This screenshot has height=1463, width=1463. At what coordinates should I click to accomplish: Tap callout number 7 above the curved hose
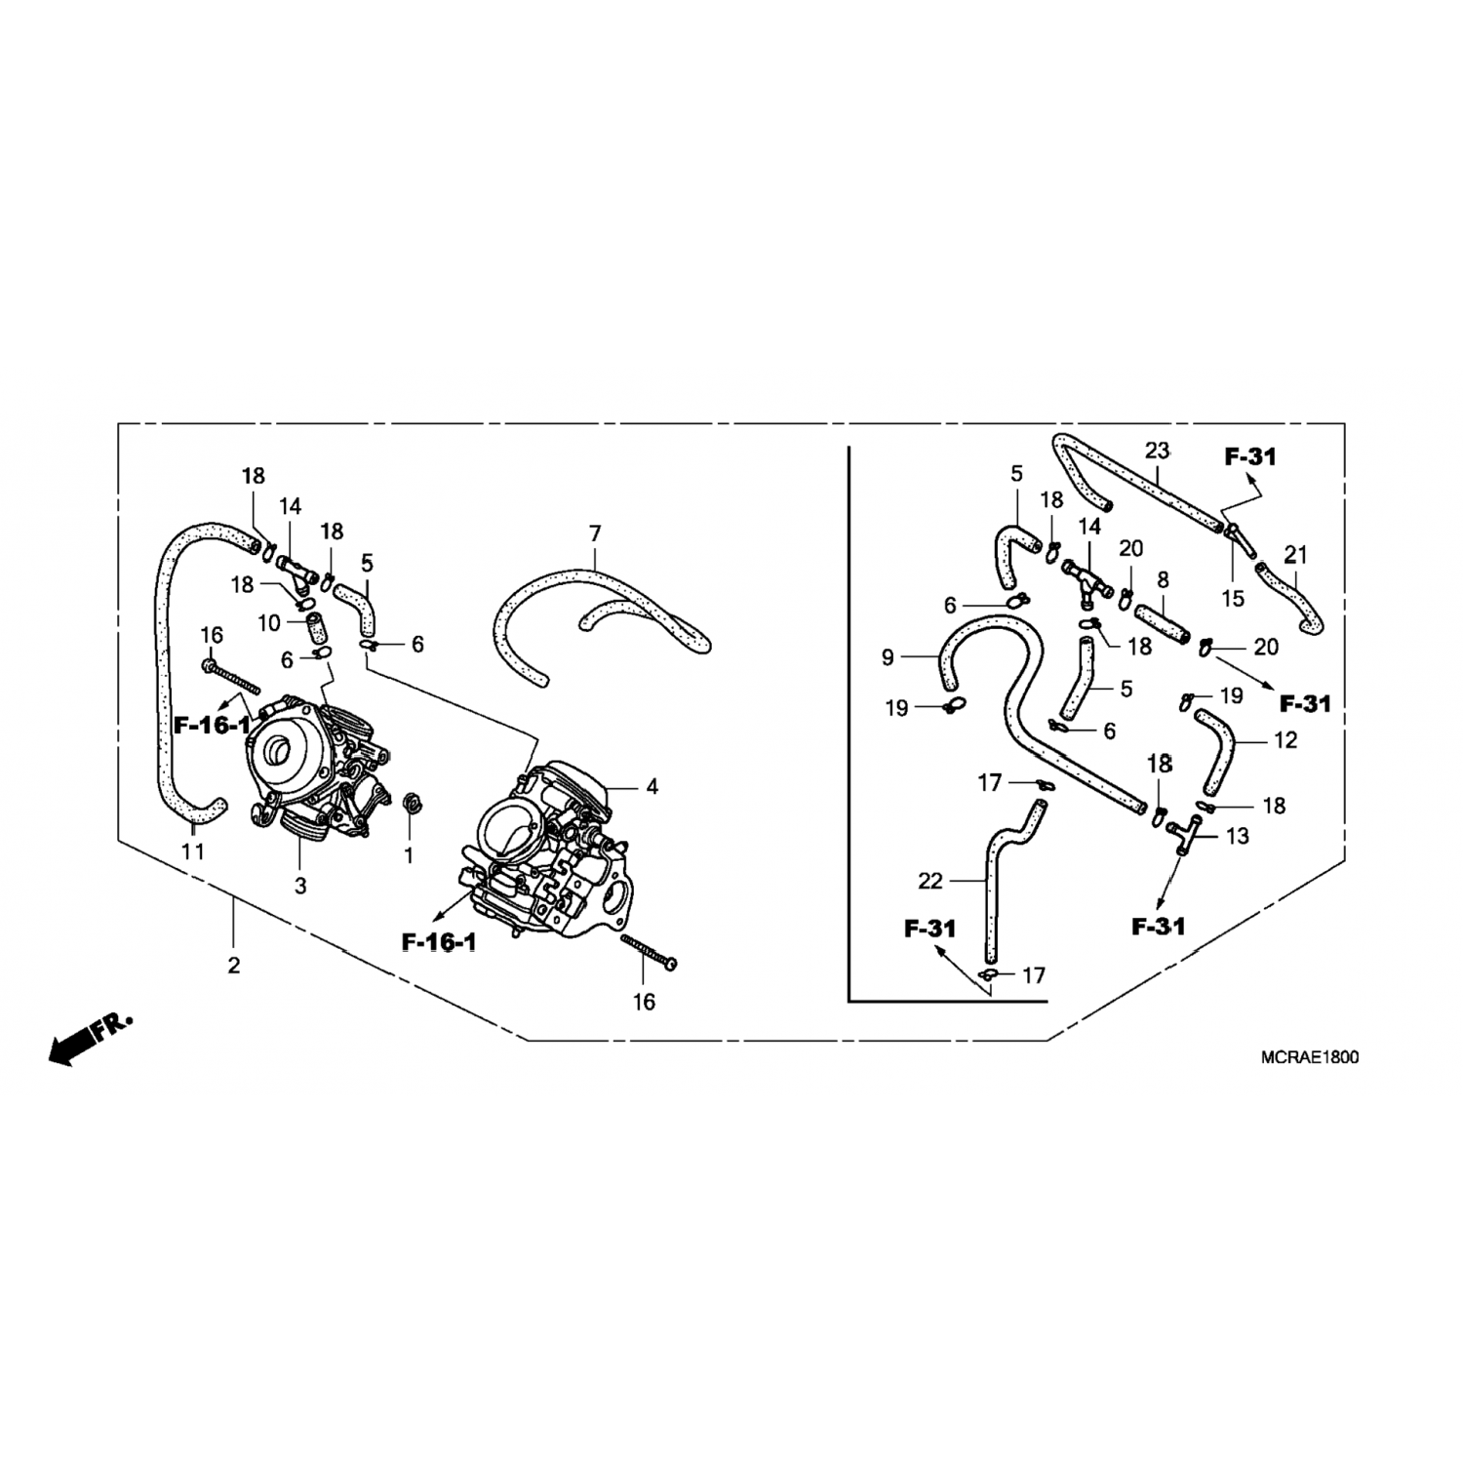coord(595,534)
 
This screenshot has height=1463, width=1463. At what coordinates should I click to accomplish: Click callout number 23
coord(1157,451)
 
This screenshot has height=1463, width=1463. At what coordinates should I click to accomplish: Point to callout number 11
coord(193,851)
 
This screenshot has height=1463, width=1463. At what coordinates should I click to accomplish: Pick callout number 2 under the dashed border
coord(233,966)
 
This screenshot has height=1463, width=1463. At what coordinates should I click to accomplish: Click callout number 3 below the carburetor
coord(300,886)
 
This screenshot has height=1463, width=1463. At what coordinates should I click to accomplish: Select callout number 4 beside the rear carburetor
coord(652,786)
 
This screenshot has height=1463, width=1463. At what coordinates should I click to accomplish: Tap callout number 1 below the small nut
coord(409,856)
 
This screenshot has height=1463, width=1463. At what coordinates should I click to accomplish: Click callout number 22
coord(930,881)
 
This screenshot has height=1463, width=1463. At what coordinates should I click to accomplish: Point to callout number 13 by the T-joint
coord(1237,836)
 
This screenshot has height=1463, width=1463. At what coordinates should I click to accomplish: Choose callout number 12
coord(1285,740)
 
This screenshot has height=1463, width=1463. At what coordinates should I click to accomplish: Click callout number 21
coord(1295,555)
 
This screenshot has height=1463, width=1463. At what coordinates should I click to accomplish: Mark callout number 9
coord(888,657)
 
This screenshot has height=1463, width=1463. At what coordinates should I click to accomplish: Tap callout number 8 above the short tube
coord(1163,579)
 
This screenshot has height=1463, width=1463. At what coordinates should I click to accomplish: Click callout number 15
coord(1233,598)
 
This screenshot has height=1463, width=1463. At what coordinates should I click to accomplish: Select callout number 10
coord(269,622)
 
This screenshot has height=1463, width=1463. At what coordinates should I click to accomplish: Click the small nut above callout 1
coord(412,805)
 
